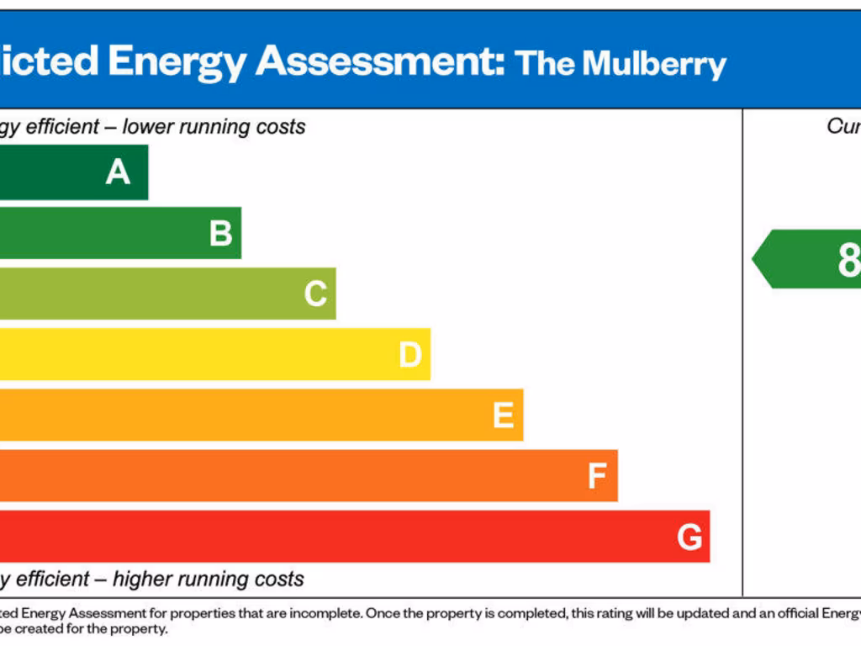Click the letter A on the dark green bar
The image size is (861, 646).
(118, 172)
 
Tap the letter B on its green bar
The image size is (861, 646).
(220, 233)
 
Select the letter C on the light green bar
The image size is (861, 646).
(315, 294)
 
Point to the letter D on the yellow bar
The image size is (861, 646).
(409, 355)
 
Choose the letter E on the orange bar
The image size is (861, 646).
(503, 416)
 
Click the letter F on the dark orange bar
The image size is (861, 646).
(597, 476)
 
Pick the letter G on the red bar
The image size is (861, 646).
(689, 537)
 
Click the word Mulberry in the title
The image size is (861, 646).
(654, 64)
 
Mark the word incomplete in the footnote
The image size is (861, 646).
(325, 614)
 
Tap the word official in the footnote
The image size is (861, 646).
(795, 614)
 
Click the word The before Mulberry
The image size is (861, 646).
(544, 63)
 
